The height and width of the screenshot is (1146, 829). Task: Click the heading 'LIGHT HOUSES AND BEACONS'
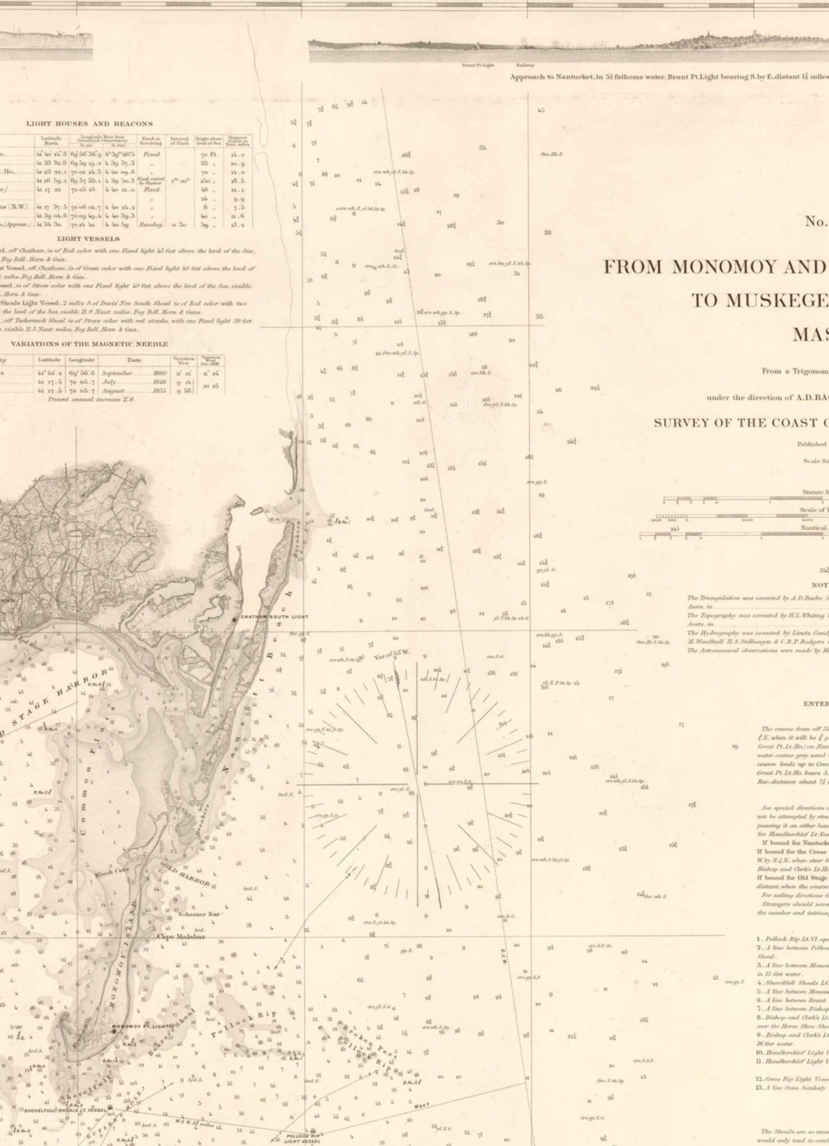click(89, 124)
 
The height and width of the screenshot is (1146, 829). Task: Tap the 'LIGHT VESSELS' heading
click(88, 238)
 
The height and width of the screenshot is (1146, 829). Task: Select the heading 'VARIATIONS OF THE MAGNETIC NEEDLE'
click(89, 344)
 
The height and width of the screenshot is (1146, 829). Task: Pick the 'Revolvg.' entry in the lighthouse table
click(149, 224)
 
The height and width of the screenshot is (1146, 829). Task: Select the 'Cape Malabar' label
click(181, 922)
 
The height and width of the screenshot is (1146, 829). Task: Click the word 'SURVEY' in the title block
click(681, 423)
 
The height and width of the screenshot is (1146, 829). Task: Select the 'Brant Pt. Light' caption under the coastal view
click(478, 65)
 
